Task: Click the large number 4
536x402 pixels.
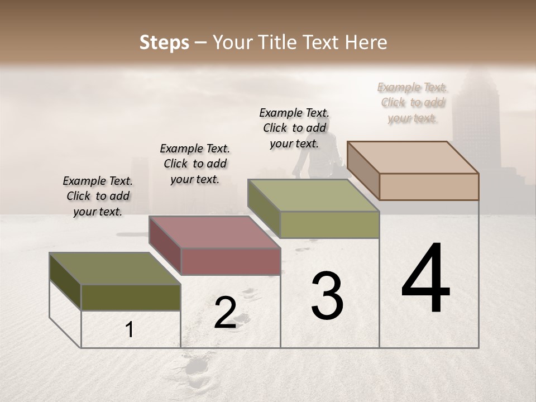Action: click(425, 279)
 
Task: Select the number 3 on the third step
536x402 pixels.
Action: click(327, 296)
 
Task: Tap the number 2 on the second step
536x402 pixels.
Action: click(225, 313)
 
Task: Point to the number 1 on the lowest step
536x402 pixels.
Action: click(130, 330)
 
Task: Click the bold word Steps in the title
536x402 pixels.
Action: click(164, 42)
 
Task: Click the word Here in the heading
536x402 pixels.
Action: click(366, 42)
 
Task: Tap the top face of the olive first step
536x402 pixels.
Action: click(115, 269)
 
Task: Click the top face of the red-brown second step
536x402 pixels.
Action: click(214, 232)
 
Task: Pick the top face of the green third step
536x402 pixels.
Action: click(313, 195)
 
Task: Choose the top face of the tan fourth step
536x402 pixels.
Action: click(413, 157)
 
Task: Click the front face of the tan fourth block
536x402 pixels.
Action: click(429, 186)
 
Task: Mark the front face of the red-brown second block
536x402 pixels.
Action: click(231, 261)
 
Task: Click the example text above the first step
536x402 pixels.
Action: click(98, 196)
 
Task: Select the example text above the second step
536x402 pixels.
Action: click(195, 164)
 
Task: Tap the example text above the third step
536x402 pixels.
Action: click(294, 128)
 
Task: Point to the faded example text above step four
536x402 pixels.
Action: click(412, 102)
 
